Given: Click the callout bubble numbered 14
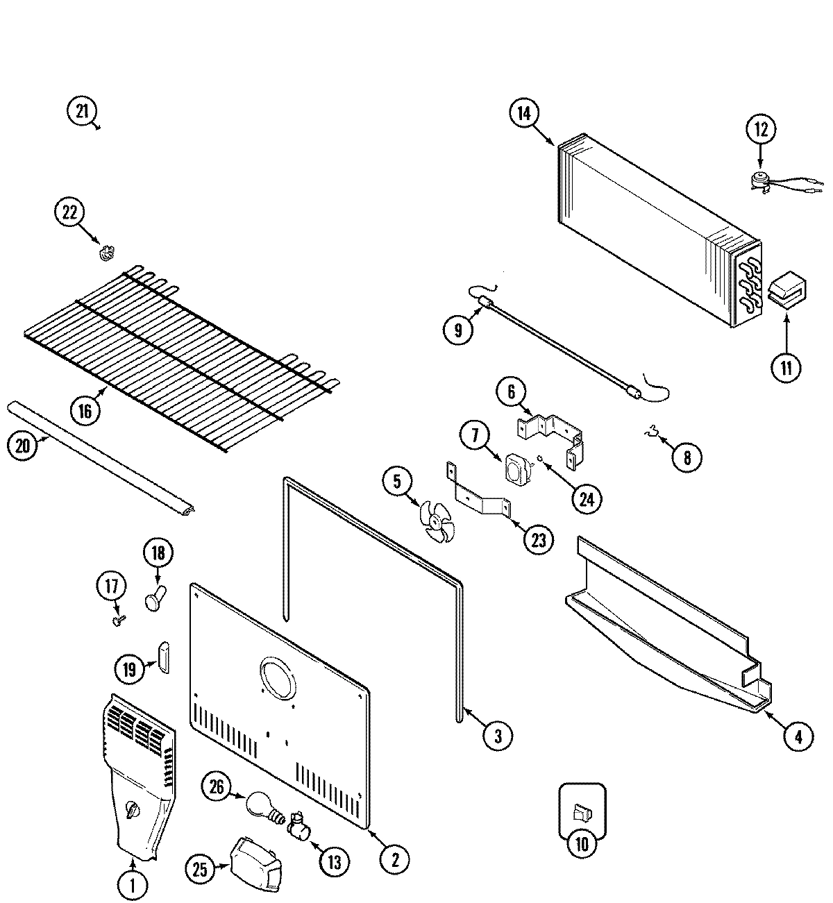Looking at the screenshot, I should tap(524, 114).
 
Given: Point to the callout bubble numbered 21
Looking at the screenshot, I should tap(82, 112).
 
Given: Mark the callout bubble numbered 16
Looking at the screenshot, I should tap(85, 412).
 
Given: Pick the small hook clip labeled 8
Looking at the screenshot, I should tap(650, 435).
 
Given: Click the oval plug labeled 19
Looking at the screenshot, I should tap(164, 657).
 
